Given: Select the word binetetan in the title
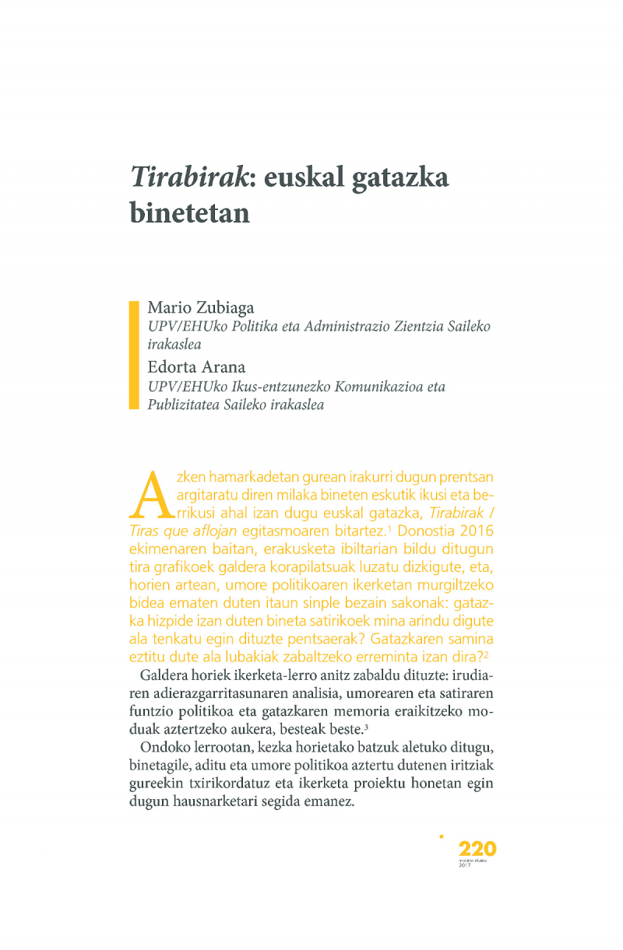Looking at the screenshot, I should click(x=189, y=212).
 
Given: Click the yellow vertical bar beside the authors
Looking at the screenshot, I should click(x=133, y=355).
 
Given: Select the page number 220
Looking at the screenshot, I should click(x=477, y=848).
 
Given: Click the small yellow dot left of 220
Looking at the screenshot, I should click(x=442, y=837).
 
